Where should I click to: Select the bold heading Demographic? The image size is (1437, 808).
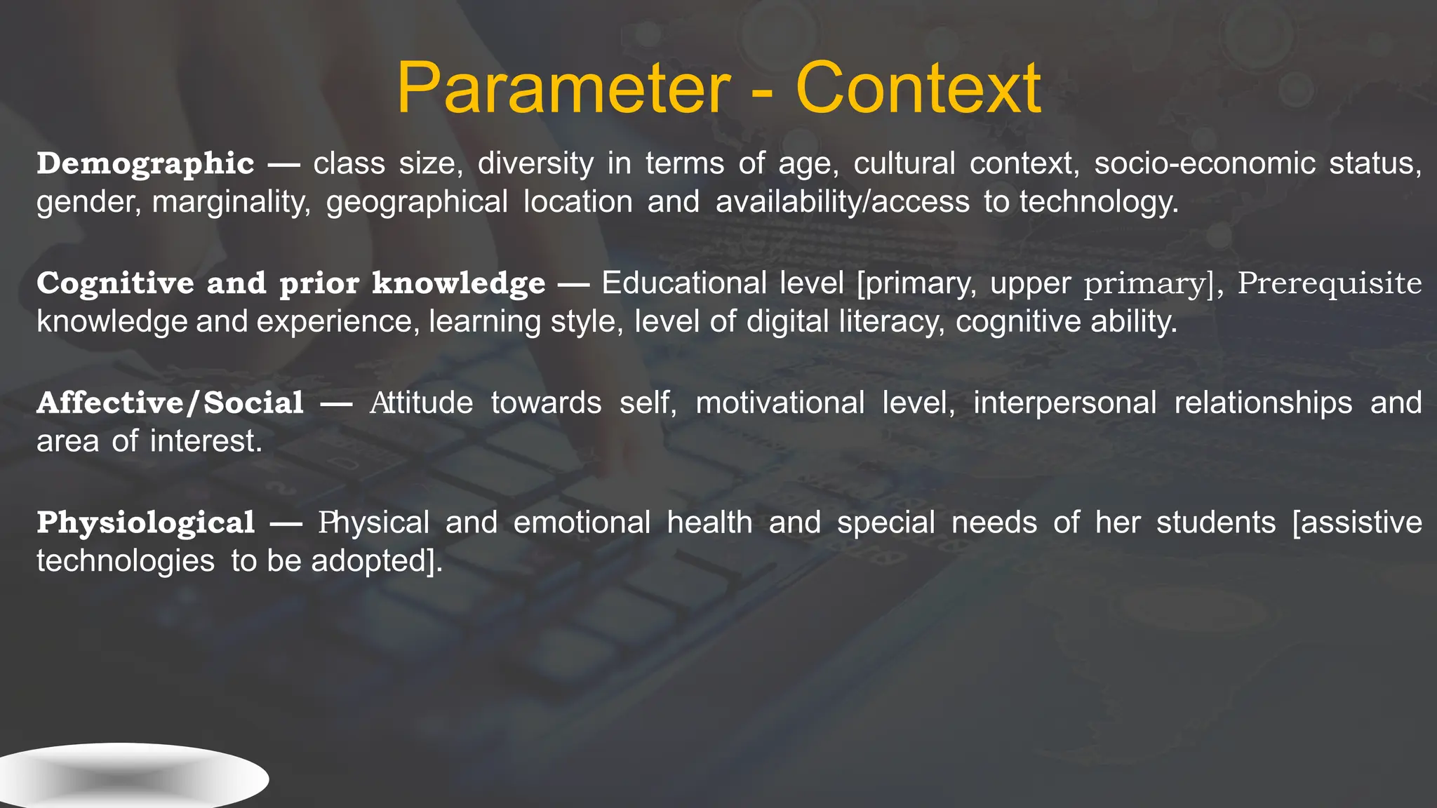pyautogui.click(x=145, y=164)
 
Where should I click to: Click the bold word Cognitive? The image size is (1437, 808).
pyautogui.click(x=114, y=283)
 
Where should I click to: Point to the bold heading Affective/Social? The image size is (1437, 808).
pyautogui.click(x=170, y=403)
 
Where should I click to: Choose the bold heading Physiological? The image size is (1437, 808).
pyautogui.click(x=145, y=523)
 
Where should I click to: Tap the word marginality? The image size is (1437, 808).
pyautogui.click(x=231, y=203)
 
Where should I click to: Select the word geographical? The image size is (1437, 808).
pyautogui.click(x=417, y=203)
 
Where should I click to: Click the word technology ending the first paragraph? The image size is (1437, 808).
pyautogui.click(x=1098, y=203)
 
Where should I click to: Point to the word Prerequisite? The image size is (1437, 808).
pyautogui.click(x=1329, y=283)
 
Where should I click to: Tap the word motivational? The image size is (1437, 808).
pyautogui.click(x=780, y=403)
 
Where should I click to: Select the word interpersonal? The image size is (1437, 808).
pyautogui.click(x=1064, y=403)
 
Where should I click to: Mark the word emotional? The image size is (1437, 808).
pyautogui.click(x=582, y=523)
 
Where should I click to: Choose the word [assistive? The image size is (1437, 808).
pyautogui.click(x=1356, y=523)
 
